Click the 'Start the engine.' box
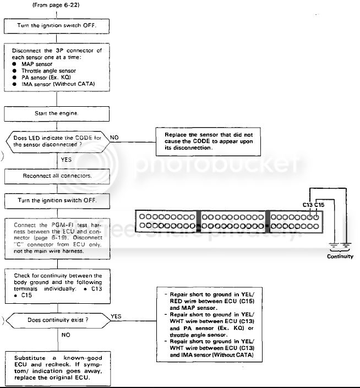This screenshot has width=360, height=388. point(57,114)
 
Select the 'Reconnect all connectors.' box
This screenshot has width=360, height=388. point(57,176)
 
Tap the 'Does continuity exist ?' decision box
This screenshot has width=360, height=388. point(56,319)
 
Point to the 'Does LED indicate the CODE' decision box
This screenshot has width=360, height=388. point(56,141)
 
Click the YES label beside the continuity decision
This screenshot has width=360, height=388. point(116,316)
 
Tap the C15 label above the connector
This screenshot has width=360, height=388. point(320,205)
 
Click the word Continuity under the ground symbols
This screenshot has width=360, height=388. point(340,256)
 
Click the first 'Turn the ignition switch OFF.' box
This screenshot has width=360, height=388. point(57,25)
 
